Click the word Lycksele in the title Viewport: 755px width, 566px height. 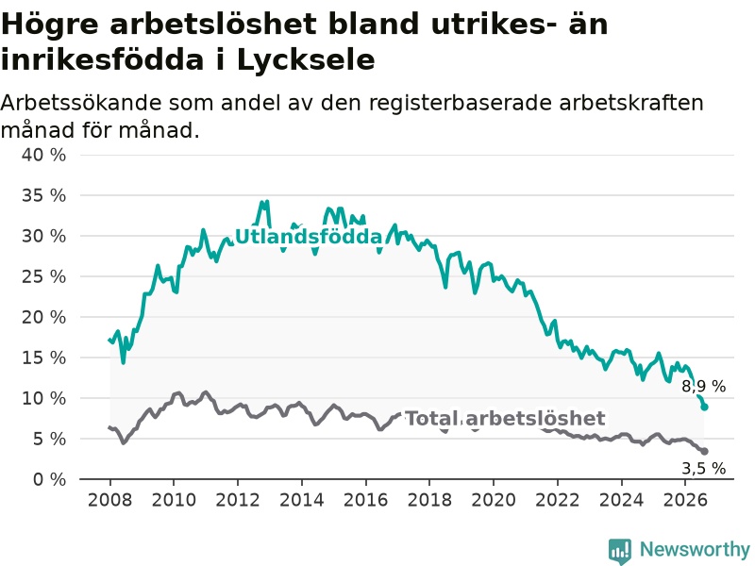pos(306,60)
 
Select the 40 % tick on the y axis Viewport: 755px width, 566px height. pos(43,155)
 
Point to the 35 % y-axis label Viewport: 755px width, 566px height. pos(43,195)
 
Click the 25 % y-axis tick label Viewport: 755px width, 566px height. pos(43,276)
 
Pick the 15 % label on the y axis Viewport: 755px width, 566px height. pos(43,358)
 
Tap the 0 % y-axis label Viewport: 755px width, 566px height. pos(49,479)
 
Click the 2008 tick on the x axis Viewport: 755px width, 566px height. pos(109,500)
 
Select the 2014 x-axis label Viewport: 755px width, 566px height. pos(301,500)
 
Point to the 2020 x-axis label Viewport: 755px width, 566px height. pos(494,500)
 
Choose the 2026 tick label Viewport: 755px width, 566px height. pos(685,500)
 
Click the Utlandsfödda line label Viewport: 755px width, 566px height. pos(309,237)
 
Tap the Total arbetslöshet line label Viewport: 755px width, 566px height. pos(505,418)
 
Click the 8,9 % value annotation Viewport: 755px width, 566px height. pos(703,386)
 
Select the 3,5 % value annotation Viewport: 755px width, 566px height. pos(703,468)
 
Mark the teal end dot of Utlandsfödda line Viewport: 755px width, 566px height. pos(704,408)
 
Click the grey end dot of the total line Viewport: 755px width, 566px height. pos(704,452)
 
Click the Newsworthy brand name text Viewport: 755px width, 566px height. pos(695,549)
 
